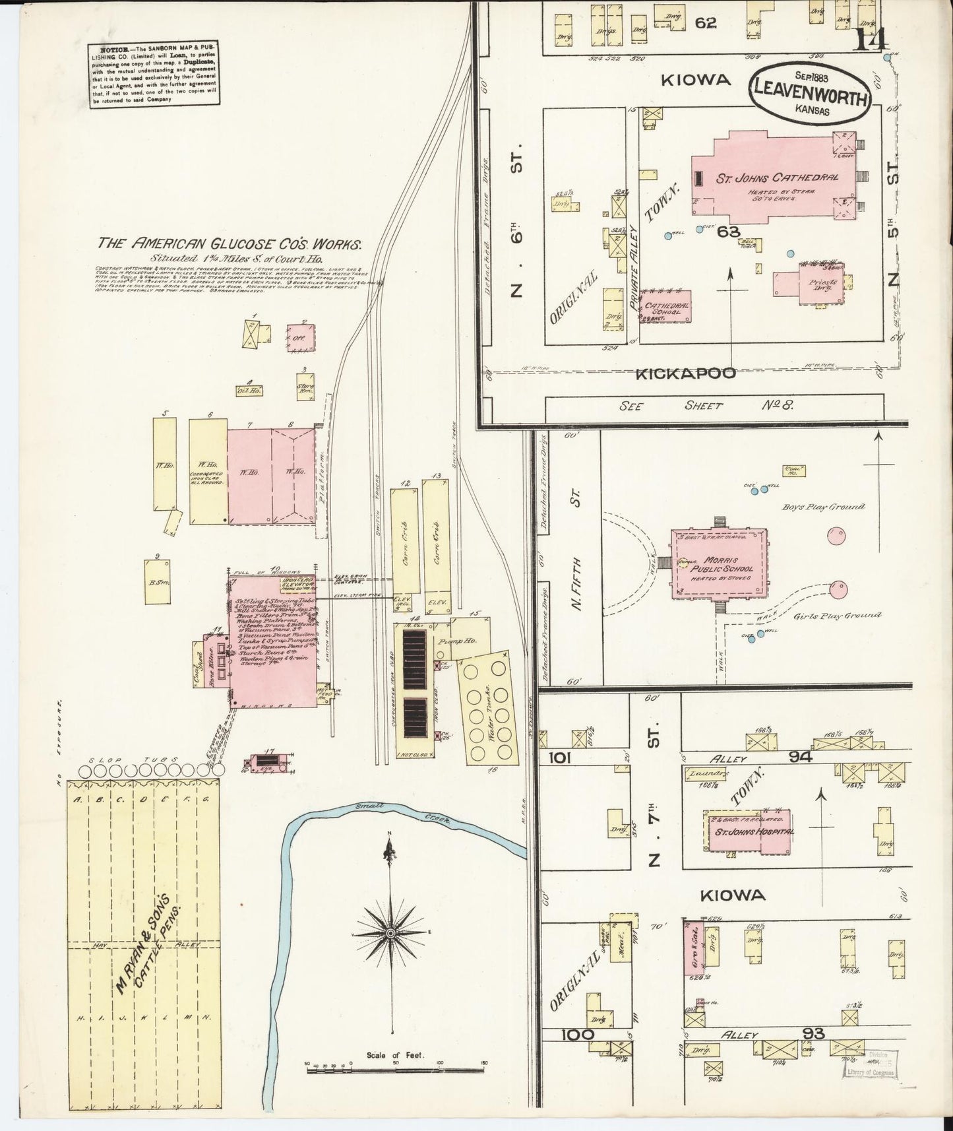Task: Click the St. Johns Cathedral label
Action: click(778, 178)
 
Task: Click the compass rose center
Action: click(391, 933)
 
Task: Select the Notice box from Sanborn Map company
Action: click(155, 73)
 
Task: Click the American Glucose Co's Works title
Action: click(230, 243)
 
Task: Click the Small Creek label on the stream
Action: click(401, 812)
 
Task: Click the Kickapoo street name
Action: click(685, 374)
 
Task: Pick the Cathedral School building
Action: click(667, 307)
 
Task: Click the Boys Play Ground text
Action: click(823, 506)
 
